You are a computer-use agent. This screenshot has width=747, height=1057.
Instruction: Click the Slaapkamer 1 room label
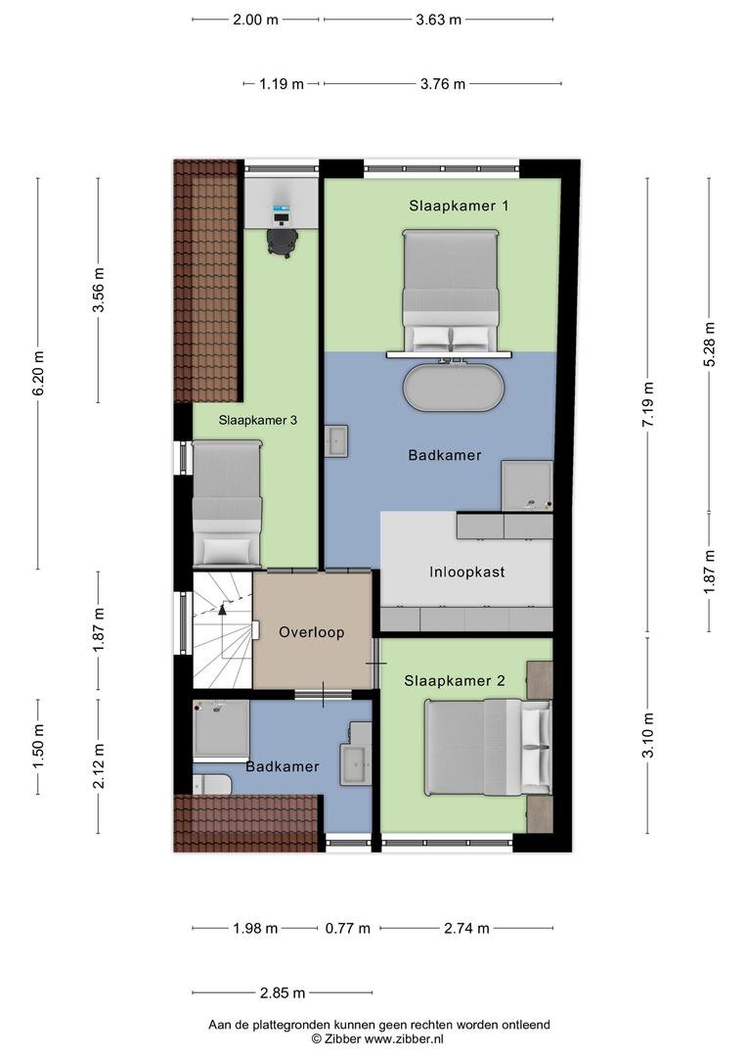click(459, 206)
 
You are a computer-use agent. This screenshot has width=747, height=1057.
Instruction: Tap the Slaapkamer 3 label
click(257, 420)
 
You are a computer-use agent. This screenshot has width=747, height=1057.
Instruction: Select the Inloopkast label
click(466, 573)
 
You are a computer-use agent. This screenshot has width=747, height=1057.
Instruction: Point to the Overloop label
click(311, 632)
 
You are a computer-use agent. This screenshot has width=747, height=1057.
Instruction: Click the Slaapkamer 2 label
click(455, 681)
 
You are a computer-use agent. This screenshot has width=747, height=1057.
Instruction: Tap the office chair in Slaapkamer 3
click(282, 242)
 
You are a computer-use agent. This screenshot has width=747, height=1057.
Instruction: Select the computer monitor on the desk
click(281, 212)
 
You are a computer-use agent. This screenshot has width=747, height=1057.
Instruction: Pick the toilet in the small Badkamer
click(211, 785)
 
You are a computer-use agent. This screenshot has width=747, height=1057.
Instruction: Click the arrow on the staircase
click(222, 609)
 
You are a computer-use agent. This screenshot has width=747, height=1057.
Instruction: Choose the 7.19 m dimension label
click(648, 404)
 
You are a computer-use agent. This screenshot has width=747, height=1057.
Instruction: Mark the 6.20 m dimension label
click(38, 374)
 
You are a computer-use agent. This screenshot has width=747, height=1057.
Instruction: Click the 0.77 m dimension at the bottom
click(347, 928)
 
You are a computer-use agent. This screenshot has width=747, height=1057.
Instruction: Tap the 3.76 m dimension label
click(443, 84)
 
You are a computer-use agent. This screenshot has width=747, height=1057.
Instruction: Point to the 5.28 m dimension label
click(709, 344)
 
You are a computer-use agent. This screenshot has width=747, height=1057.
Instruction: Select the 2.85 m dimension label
click(283, 993)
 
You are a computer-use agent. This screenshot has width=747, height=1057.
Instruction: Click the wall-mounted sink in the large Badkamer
click(335, 441)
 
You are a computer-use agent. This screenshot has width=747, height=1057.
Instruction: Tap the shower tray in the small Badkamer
click(221, 729)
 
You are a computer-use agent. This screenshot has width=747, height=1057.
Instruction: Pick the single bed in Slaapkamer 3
click(227, 503)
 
